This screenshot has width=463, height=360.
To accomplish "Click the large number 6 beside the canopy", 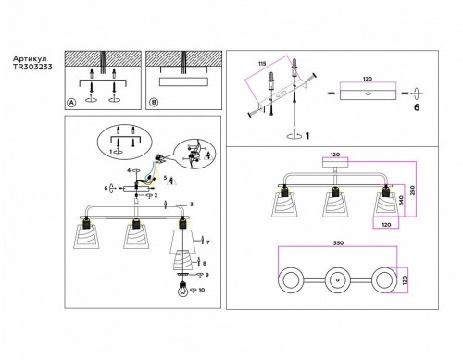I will (415, 108).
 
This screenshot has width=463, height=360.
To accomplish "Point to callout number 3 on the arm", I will (190, 204).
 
